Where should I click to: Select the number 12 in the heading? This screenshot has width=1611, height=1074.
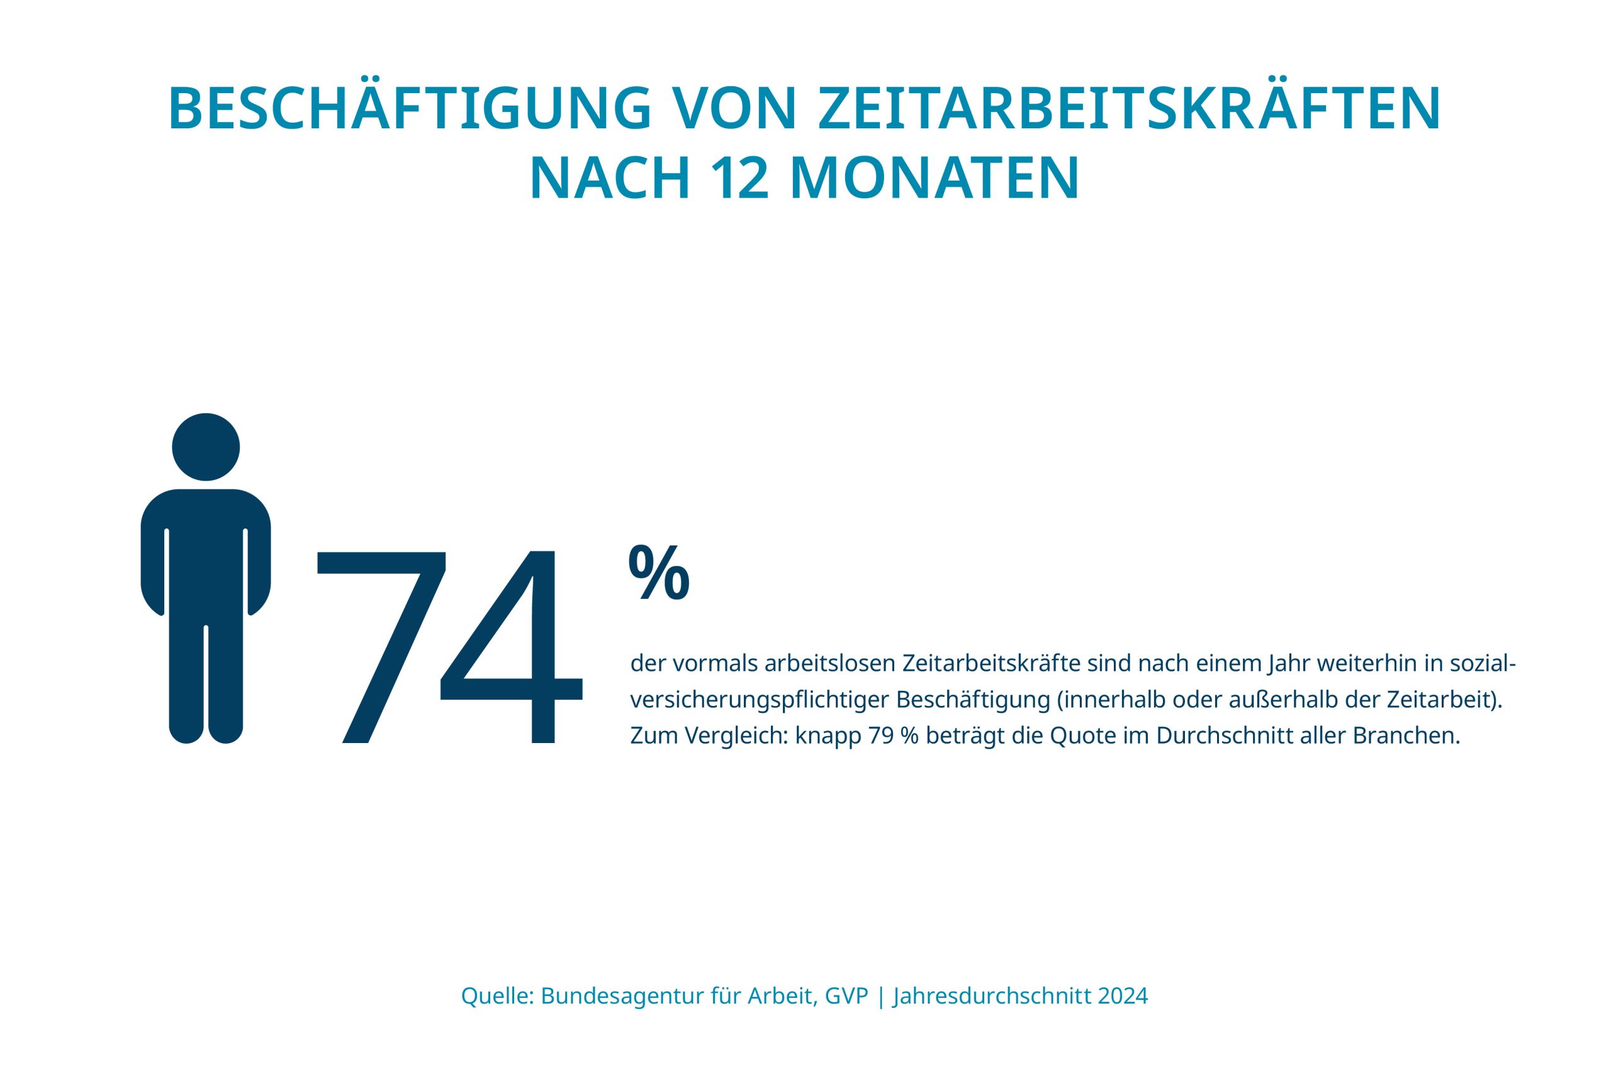(742, 179)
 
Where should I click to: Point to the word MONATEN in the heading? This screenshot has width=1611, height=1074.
(935, 179)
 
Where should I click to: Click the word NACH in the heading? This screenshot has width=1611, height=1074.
(610, 179)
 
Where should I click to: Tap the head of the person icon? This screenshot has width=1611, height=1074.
(206, 447)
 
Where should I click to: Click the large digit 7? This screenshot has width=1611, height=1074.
(381, 647)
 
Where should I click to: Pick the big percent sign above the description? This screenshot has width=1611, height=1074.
(658, 573)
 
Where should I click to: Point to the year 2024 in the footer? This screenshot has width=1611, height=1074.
(1123, 997)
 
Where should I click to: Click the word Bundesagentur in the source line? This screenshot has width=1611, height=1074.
(623, 997)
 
